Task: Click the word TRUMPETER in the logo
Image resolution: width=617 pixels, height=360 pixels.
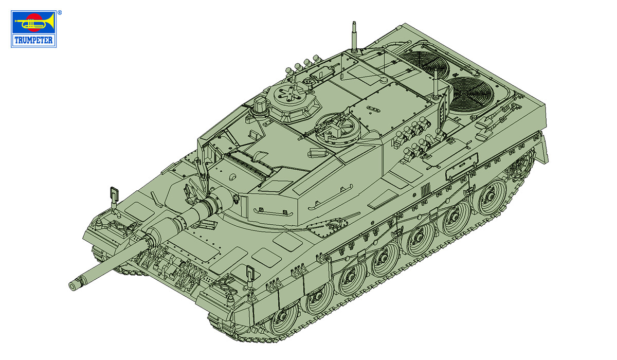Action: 33,40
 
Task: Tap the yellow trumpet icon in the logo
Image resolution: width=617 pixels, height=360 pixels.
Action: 34,22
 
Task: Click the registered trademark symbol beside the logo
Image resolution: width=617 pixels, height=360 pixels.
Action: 60,12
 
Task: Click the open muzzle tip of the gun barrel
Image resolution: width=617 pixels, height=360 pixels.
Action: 72,287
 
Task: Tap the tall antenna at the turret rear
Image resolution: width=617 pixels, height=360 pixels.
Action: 354,37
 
